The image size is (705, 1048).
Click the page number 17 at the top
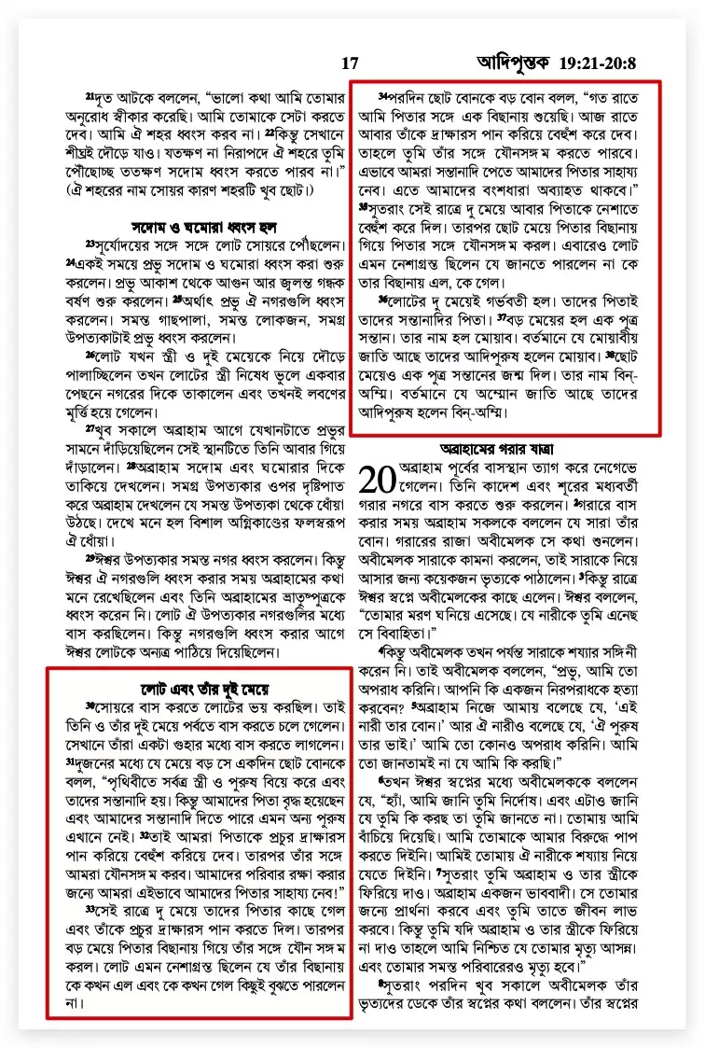(x=350, y=63)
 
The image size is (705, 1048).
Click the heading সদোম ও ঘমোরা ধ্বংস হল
(x=200, y=227)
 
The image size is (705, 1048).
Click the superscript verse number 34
(x=382, y=95)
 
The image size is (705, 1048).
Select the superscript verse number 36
(x=382, y=299)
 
